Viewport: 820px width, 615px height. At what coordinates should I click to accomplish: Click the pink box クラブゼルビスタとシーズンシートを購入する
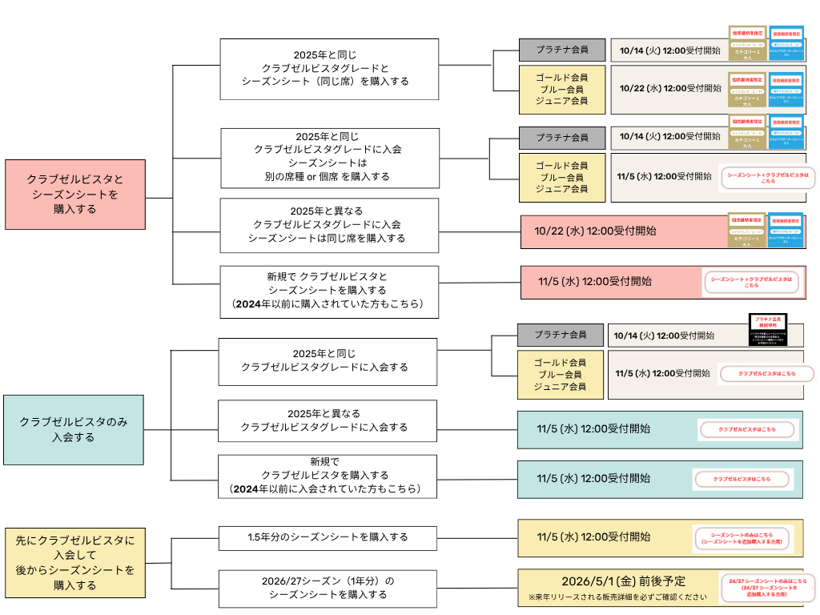tap(75, 195)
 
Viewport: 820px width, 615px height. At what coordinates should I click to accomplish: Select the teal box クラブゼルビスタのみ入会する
tap(74, 429)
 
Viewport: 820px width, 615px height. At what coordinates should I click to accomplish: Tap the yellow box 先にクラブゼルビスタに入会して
tap(75, 563)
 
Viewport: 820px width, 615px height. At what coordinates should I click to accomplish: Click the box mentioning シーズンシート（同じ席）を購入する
tap(329, 63)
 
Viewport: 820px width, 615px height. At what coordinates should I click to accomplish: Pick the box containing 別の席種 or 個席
tap(329, 158)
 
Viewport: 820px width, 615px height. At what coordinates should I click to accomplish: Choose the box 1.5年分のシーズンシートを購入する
tap(328, 537)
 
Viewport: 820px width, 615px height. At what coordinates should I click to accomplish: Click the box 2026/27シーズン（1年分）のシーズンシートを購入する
tap(328, 588)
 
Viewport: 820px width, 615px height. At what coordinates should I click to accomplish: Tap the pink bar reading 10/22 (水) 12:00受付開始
tap(596, 231)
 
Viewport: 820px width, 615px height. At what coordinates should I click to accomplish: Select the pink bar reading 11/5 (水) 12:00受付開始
tap(595, 281)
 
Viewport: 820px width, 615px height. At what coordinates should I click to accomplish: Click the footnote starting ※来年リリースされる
tap(617, 598)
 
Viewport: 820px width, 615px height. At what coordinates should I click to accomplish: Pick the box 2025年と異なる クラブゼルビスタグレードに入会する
tap(328, 420)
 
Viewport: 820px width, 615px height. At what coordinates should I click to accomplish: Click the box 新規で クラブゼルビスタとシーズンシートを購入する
tap(329, 290)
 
